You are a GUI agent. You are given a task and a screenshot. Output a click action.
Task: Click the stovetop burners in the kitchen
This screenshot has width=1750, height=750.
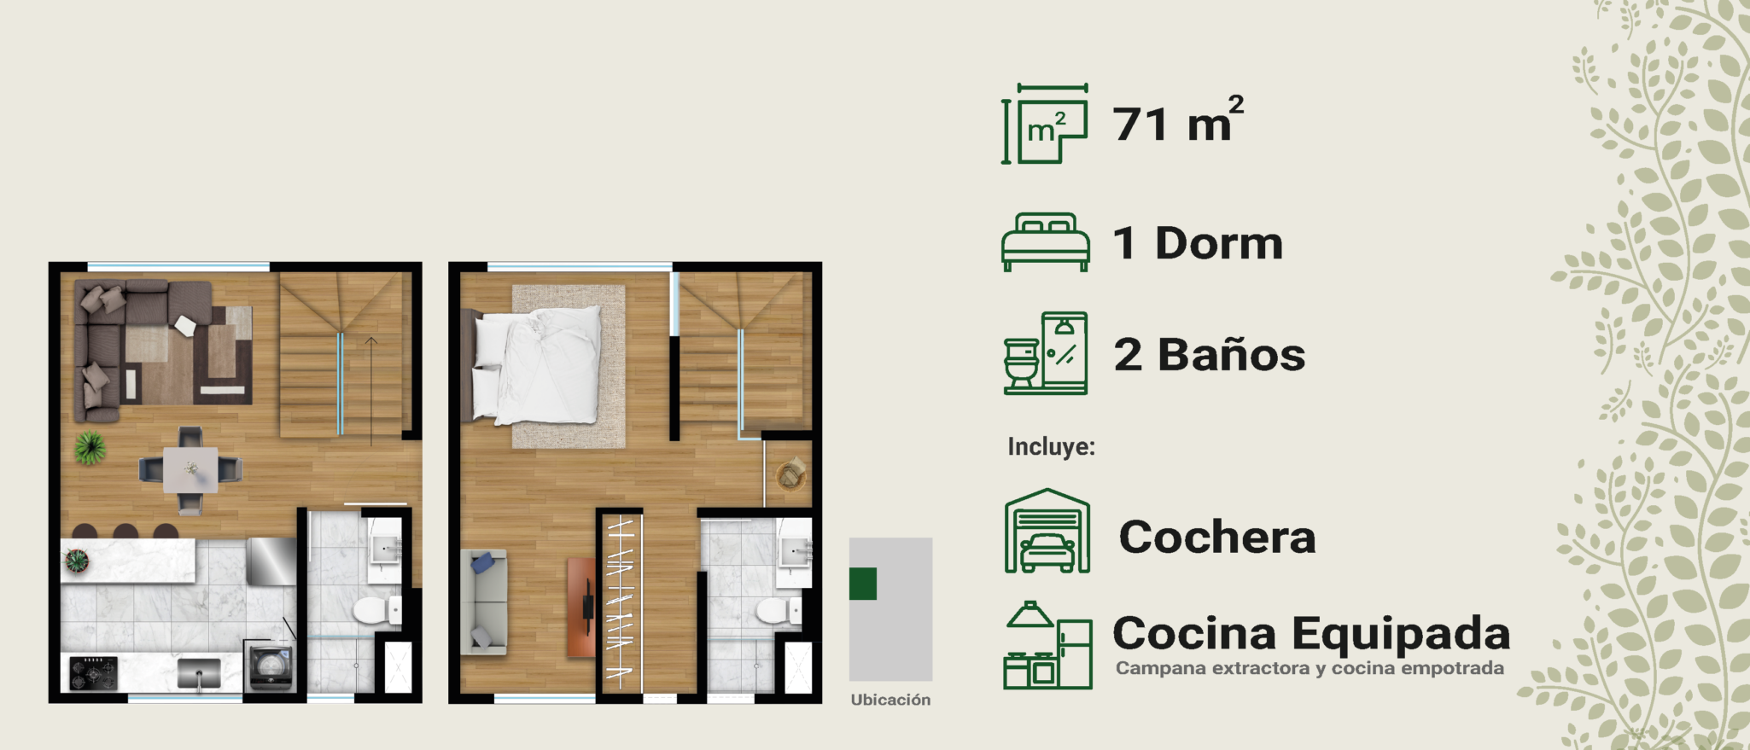pos(93,672)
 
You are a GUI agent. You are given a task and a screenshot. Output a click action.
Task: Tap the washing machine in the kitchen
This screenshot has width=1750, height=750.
pos(271,667)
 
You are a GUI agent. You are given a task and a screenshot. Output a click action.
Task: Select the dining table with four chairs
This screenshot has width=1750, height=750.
pos(190,470)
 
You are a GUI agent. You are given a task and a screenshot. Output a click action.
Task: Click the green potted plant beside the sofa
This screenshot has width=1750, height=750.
pos(89,447)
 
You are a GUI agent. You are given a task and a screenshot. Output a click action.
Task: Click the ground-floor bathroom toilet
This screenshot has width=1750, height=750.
pos(376,610)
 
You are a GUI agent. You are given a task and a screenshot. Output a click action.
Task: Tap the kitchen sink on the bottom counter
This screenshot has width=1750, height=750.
pos(198,672)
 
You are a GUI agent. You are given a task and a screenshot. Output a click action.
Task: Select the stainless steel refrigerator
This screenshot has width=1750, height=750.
pos(271,561)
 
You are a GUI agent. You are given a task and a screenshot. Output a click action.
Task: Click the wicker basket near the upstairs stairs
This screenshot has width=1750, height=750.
pos(791,474)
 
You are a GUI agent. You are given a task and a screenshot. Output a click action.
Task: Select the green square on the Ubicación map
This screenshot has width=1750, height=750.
pos(863,584)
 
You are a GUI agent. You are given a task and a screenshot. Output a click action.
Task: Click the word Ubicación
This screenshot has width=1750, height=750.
pos(890,700)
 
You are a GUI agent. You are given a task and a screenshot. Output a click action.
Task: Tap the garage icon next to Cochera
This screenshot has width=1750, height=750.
pos(1047,531)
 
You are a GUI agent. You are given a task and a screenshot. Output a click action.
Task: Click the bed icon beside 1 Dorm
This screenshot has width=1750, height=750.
pos(1046,242)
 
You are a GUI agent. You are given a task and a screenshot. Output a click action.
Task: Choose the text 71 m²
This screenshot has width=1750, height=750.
pos(1178,120)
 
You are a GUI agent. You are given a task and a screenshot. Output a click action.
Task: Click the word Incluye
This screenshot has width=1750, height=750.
pos(1051,446)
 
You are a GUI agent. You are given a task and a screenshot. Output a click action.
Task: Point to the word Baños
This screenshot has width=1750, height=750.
pos(1231,354)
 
